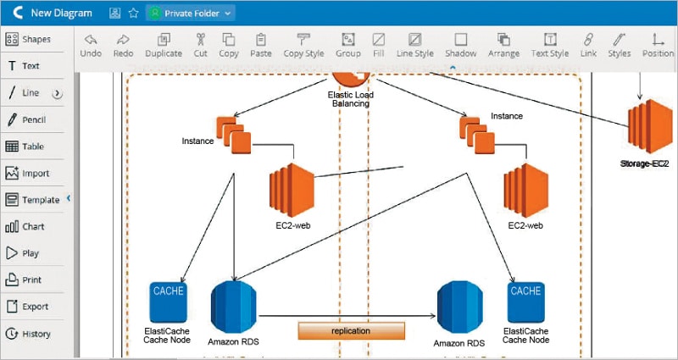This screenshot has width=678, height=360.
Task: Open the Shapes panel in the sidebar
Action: pyautogui.click(x=28, y=39)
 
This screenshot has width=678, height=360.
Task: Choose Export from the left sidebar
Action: pyautogui.click(x=27, y=307)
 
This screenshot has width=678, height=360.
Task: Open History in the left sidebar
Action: pyautogui.click(x=28, y=334)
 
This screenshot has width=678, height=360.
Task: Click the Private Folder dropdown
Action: pyautogui.click(x=190, y=13)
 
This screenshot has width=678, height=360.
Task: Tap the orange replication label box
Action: pyautogui.click(x=351, y=331)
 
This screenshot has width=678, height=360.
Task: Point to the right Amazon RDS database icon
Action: pyautogui.click(x=460, y=308)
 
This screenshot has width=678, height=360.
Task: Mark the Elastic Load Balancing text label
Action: pyautogui.click(x=350, y=99)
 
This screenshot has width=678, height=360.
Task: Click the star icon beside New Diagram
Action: pyautogui.click(x=133, y=13)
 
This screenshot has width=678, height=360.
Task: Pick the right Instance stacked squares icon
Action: pyautogui.click(x=475, y=136)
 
